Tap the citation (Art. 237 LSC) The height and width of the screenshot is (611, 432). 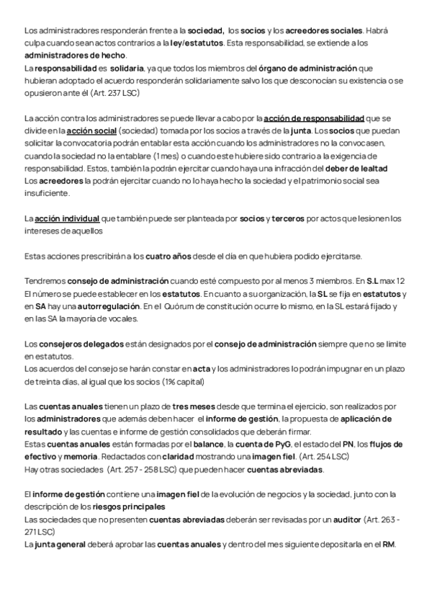pyautogui.click(x=112, y=93)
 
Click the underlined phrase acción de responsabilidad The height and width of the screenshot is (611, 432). pyautogui.click(x=314, y=118)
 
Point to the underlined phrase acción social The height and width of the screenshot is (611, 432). pyautogui.click(x=91, y=130)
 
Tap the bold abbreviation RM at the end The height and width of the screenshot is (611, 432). pyautogui.click(x=388, y=545)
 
